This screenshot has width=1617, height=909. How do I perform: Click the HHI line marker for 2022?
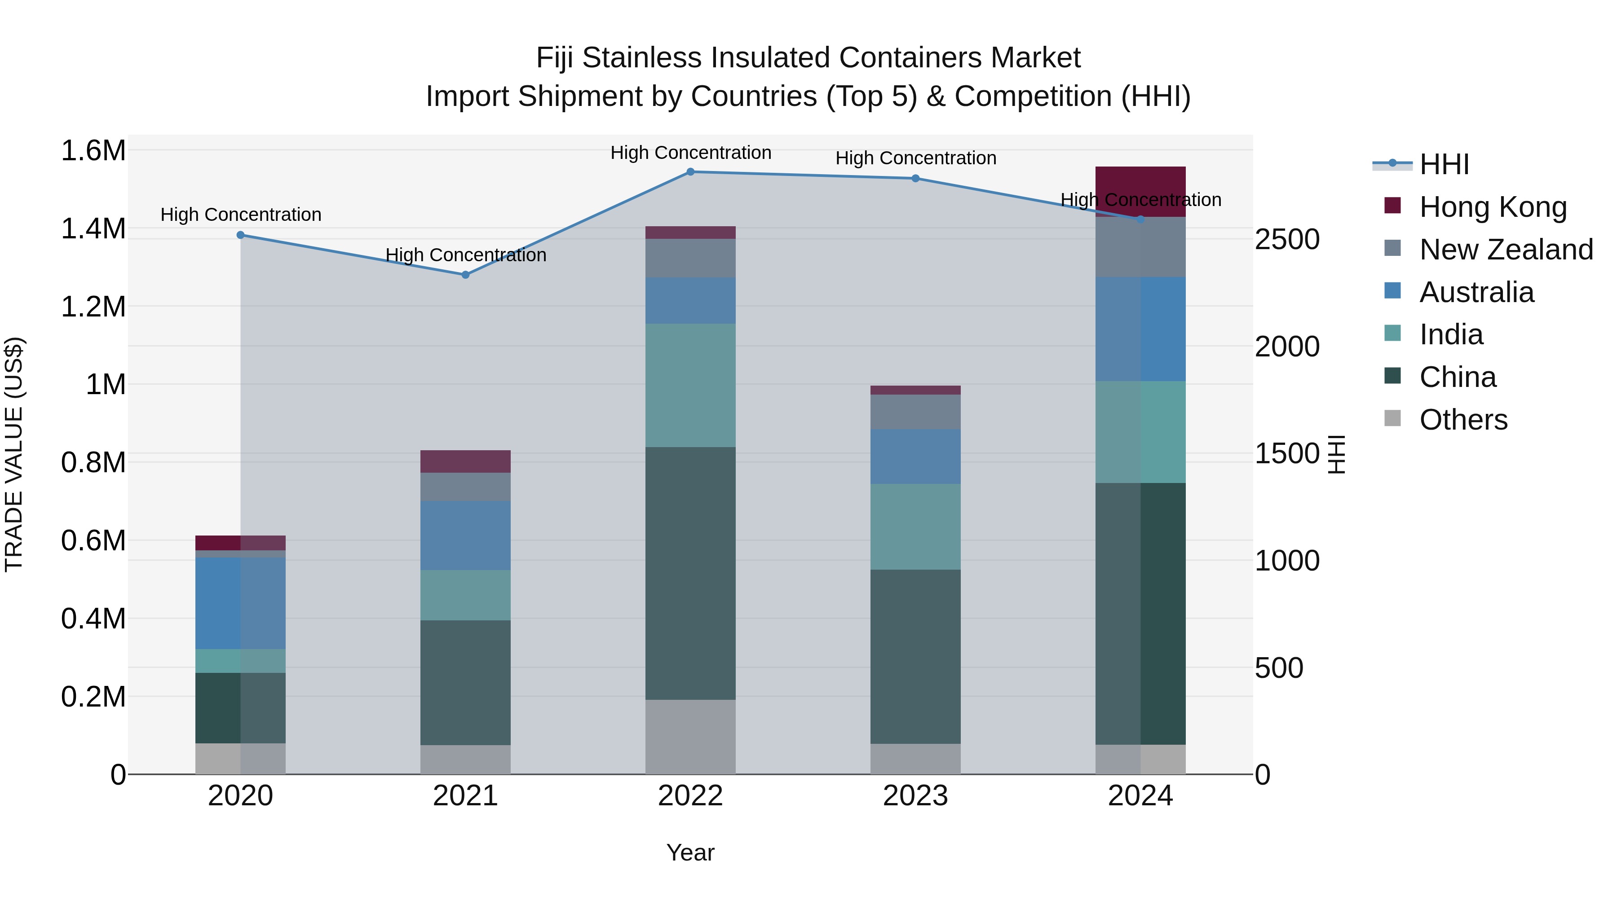point(690,171)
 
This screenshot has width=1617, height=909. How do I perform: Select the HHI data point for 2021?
point(465,275)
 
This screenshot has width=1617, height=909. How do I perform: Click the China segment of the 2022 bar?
point(690,573)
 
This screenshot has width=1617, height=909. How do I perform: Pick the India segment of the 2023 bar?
point(915,527)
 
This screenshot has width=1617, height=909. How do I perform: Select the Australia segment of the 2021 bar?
point(465,535)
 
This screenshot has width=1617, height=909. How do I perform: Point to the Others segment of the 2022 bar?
point(690,737)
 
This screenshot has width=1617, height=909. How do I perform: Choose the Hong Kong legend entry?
point(1493,206)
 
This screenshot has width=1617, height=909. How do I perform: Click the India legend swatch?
point(1392,334)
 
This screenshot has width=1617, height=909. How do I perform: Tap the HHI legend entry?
point(1444,164)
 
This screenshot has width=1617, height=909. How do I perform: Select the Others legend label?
point(1463,419)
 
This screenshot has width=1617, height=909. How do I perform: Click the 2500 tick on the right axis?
point(1287,240)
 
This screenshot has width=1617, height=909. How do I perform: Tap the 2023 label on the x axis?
point(915,796)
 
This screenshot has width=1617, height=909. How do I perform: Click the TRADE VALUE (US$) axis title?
point(14,454)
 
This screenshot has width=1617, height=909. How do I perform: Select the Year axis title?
point(690,852)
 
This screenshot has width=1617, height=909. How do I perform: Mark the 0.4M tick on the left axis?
point(93,619)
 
